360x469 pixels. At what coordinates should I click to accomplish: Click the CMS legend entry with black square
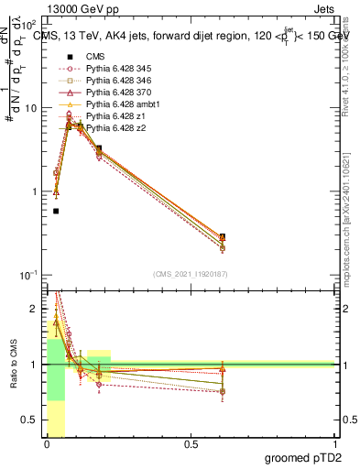(x=95, y=58)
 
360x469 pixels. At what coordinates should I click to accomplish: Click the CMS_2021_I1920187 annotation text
(x=190, y=274)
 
